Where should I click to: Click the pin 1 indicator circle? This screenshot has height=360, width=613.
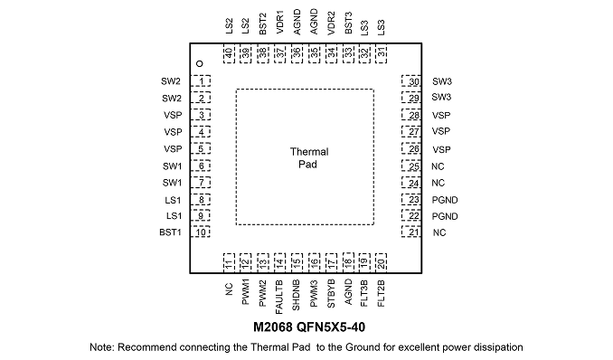(200, 64)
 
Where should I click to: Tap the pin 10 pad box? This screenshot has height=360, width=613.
(200, 232)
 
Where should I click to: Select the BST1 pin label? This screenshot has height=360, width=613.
(171, 232)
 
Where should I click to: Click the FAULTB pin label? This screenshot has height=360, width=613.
(279, 297)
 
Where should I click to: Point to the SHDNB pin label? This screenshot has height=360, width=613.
(296, 295)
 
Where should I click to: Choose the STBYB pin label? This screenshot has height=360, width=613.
(331, 293)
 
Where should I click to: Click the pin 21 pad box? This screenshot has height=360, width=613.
(411, 232)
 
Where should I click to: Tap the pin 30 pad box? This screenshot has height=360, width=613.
(411, 81)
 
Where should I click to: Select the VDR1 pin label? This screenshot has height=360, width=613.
(280, 23)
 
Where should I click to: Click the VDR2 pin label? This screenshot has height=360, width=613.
(331, 24)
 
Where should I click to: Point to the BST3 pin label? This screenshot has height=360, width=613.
(348, 23)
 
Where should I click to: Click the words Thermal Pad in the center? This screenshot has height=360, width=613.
(309, 158)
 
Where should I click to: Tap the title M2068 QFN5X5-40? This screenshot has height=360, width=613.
(309, 327)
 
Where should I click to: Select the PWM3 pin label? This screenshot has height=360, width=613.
(314, 293)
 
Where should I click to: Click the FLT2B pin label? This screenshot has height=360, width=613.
(382, 293)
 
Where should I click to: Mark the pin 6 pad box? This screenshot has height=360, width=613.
(200, 166)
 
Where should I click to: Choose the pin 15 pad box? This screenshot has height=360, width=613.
(297, 262)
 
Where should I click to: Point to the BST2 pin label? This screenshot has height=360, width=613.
(263, 24)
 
